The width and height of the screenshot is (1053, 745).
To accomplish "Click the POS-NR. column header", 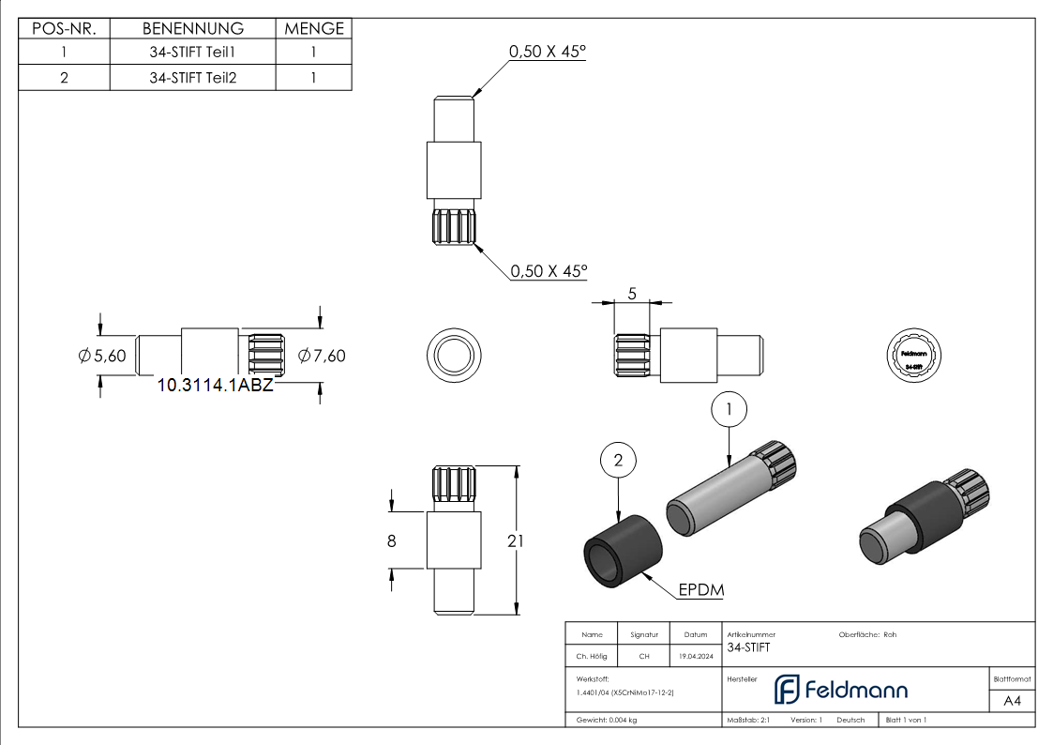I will [x=64, y=29].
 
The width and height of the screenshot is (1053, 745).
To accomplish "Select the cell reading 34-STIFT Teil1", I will [x=192, y=53].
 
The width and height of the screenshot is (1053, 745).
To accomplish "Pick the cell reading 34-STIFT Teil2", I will [x=192, y=78].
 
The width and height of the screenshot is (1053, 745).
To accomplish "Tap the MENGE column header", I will [x=314, y=29].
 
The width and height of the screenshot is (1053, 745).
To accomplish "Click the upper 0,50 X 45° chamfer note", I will [x=547, y=53].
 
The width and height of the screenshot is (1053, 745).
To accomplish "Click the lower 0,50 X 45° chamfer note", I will [x=549, y=271].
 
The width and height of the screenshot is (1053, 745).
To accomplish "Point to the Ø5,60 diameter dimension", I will [x=102, y=356].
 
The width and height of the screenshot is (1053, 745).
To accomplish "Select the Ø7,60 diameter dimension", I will [x=321, y=356].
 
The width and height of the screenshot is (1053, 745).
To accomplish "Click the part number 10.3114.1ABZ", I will [x=215, y=384].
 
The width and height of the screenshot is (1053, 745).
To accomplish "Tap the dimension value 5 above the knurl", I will [x=631, y=294].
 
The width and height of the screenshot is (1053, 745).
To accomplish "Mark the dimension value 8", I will [x=392, y=540].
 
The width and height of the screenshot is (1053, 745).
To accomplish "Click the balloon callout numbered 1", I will [x=730, y=409].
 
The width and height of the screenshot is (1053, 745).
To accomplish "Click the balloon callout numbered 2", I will [x=618, y=460].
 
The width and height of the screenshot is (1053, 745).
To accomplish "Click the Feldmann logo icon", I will [x=786, y=690].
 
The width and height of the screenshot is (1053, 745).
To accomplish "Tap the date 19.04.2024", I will [x=695, y=657].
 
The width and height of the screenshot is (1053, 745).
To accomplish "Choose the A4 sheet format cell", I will [x=1012, y=701].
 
